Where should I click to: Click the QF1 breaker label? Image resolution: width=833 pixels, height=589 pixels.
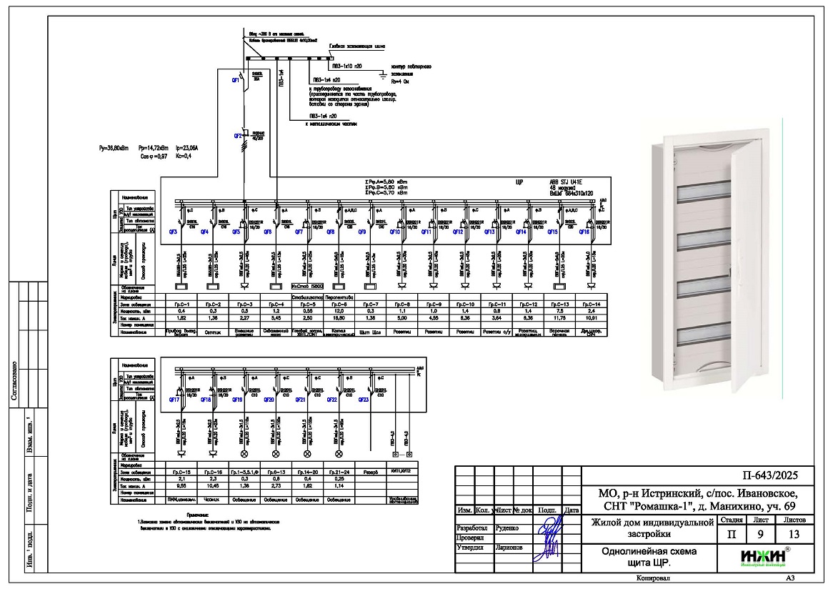pos(235,80)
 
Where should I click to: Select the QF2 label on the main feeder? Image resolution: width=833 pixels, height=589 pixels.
pos(238,135)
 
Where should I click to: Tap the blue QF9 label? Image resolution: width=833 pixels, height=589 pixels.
pos(362,232)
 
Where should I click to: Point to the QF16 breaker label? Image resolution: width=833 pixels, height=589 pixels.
pos(584,232)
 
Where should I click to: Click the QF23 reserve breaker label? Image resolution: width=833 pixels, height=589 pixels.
pos(362,400)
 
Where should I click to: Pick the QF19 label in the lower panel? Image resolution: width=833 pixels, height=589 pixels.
pos(237,400)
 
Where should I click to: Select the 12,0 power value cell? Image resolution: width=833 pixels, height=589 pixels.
pos(339,311)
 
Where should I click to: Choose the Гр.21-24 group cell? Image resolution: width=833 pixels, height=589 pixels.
pos(338,472)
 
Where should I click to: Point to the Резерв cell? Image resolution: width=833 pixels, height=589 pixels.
pos(369,472)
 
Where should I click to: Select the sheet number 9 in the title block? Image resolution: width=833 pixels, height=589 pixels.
pos(757,533)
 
